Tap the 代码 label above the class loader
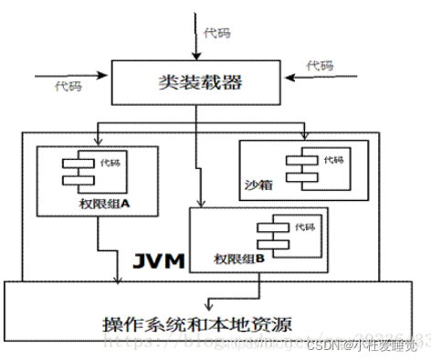click(219, 34)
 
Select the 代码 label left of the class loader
click(68, 86)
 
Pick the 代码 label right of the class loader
click(320, 66)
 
